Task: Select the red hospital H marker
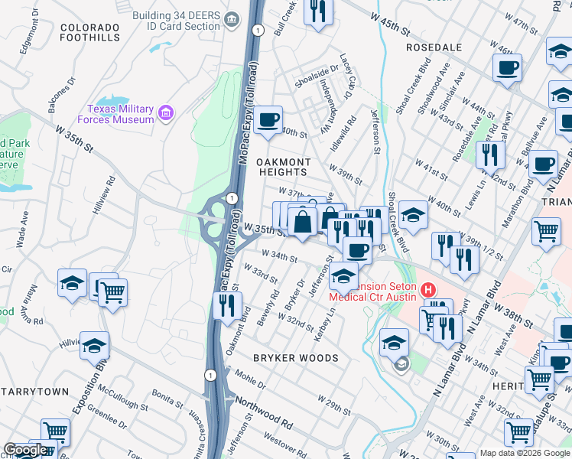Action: pyautogui.click(x=427, y=291)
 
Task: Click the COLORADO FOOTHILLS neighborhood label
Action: pyautogui.click(x=90, y=33)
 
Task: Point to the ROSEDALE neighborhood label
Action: pyautogui.click(x=434, y=47)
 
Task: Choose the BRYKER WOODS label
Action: pyautogui.click(x=296, y=358)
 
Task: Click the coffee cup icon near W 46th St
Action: pyautogui.click(x=507, y=69)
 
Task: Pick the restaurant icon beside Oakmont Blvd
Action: pyautogui.click(x=227, y=306)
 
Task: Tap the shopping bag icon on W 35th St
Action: pyautogui.click(x=303, y=222)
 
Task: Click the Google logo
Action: pyautogui.click(x=25, y=450)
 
